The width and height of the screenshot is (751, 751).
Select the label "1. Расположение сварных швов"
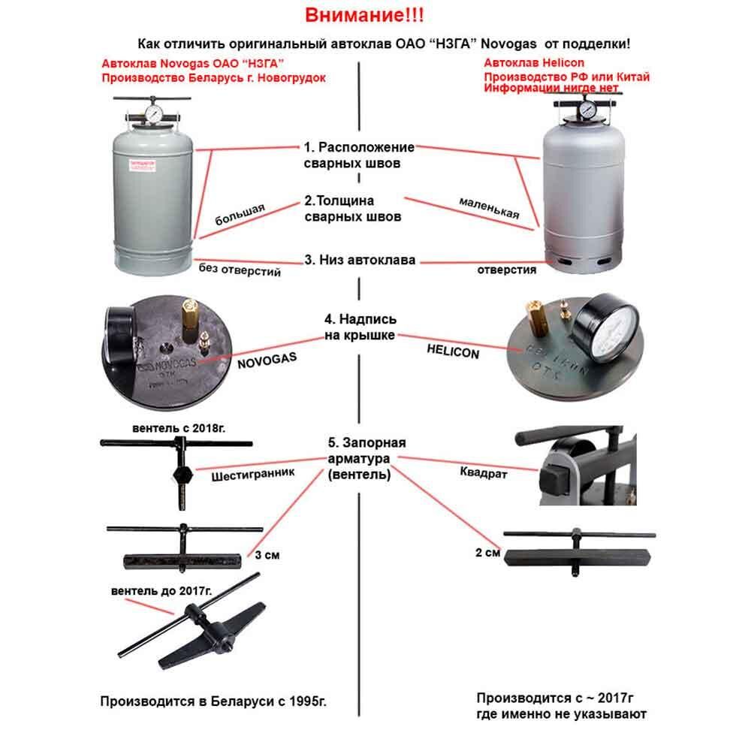click(359, 155)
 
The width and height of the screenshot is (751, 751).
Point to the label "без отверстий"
click(240, 269)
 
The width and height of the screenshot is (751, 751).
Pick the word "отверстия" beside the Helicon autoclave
click(507, 270)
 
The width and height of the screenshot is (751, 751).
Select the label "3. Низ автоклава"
click(360, 260)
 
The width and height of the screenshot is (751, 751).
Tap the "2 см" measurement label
click(487, 553)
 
